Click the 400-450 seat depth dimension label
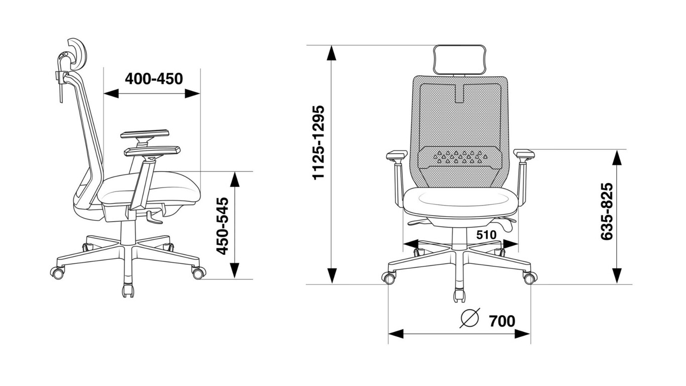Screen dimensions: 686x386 (154, 79)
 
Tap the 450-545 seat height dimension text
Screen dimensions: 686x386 (222, 226)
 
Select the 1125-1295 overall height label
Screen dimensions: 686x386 (318, 143)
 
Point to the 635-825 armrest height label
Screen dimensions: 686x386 (607, 212)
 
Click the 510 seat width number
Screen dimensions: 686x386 (486, 235)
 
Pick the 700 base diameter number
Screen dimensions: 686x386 (502, 321)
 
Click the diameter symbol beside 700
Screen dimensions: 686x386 (470, 318)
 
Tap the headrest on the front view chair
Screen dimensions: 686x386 (460, 60)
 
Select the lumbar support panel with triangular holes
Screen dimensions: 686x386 (460, 158)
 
